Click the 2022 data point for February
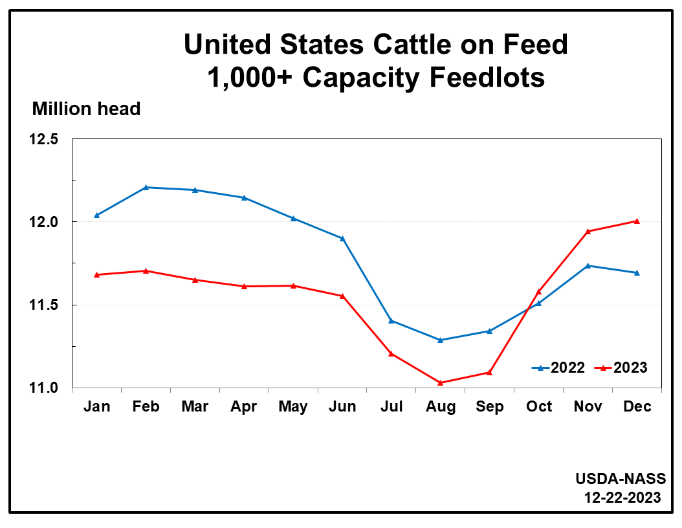[x=146, y=187]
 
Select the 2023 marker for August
[x=441, y=382]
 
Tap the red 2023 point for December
[x=637, y=221]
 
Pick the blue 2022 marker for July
[x=391, y=320]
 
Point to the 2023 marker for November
[x=588, y=231]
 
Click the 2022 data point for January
[x=96, y=215]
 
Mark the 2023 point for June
[x=342, y=296]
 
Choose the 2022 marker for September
[x=490, y=331]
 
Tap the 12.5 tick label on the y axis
[x=43, y=139]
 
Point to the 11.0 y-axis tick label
[x=43, y=388]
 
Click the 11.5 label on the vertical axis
[x=43, y=305]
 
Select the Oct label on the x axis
[x=538, y=406]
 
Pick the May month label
[x=293, y=406]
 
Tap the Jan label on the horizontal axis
[x=96, y=406]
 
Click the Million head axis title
[x=86, y=109]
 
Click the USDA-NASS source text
[x=620, y=479]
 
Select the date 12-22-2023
[x=622, y=497]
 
